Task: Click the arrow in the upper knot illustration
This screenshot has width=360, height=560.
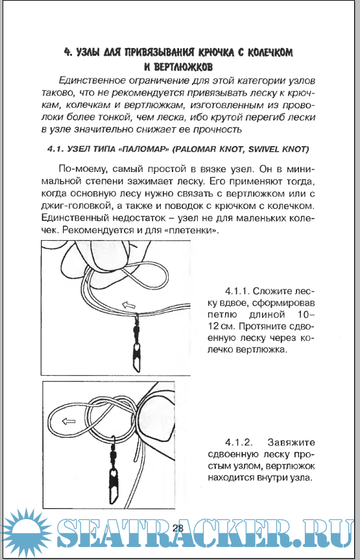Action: tap(129, 304)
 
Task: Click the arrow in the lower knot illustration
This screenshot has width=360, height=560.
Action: tap(69, 421)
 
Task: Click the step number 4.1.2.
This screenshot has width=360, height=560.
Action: tap(237, 443)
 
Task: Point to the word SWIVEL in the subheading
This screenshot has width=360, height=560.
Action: tap(263, 150)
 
